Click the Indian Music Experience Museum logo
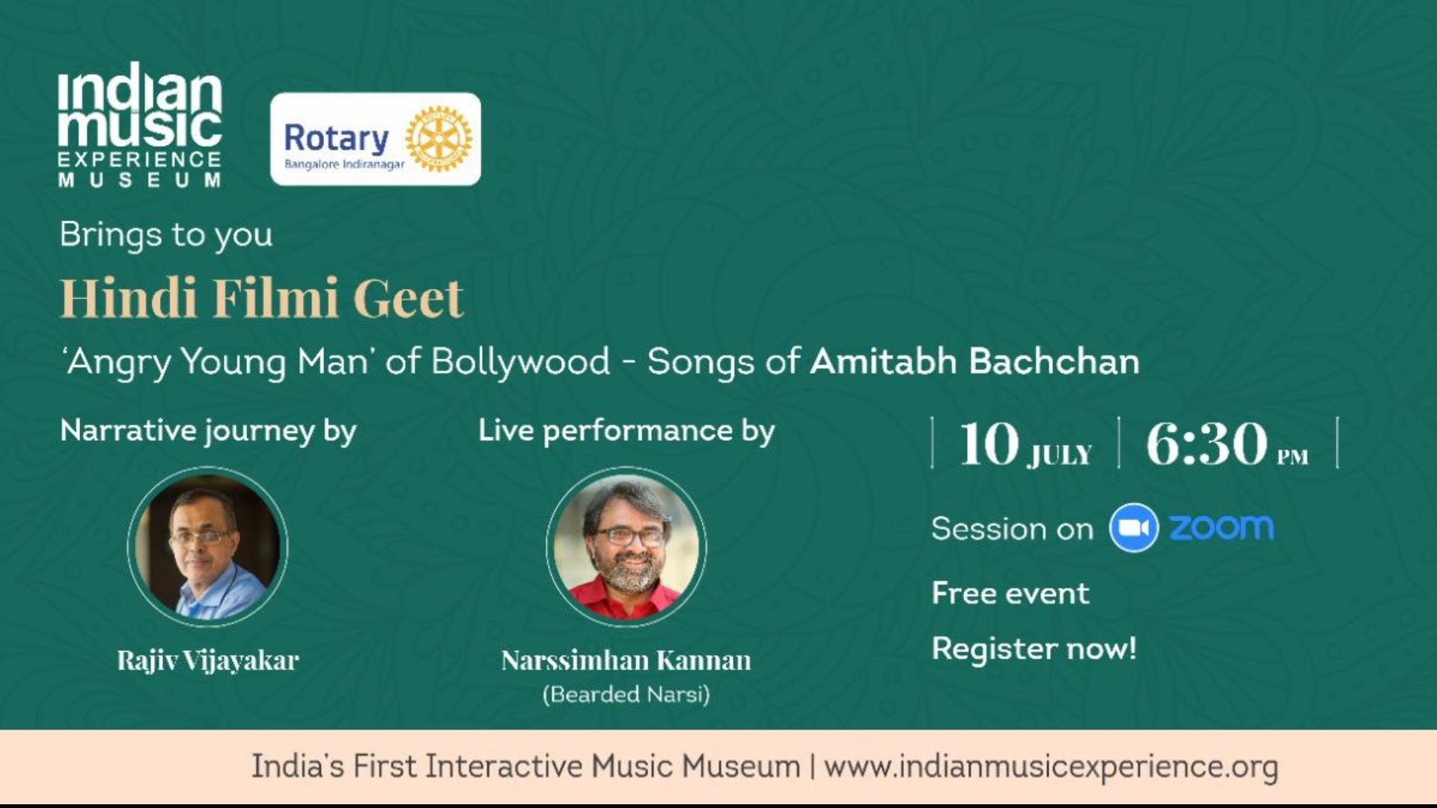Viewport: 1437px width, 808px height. point(140,124)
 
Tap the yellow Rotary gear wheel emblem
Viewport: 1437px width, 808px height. point(439,138)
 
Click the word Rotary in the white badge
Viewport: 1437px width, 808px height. point(336,138)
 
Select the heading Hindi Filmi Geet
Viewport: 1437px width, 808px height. point(261,298)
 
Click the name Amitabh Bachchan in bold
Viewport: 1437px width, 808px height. point(974,361)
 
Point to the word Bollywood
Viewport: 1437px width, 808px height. point(521,361)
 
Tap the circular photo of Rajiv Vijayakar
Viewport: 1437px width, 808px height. point(208,546)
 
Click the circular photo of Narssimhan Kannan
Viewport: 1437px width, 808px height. point(626,546)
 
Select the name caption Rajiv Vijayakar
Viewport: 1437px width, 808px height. point(208,660)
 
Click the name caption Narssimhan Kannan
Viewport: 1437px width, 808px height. point(626,660)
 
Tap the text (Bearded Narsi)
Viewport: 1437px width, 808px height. point(626,694)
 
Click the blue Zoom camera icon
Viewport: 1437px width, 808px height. point(1133,528)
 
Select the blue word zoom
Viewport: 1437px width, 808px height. point(1221,527)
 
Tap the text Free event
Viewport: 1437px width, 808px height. point(1010,593)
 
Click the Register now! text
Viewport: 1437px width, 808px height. point(1034,649)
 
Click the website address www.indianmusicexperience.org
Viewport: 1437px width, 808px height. point(1051,766)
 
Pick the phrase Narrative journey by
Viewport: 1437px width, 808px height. point(208,431)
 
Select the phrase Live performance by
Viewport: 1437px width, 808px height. point(626,431)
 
